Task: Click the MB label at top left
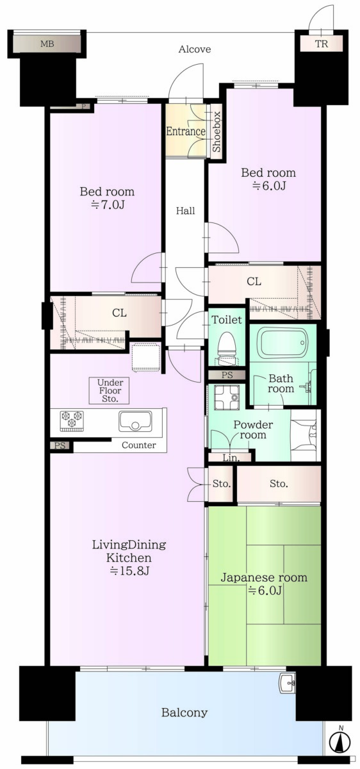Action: pos(47,44)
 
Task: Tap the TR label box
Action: pos(322,44)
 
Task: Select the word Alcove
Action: pos(195,49)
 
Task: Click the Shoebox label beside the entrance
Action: pos(217,132)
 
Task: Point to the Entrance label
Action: pos(186,131)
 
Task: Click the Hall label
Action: pos(185,210)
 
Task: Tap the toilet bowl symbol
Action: pos(227,347)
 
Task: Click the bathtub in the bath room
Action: pos(283,343)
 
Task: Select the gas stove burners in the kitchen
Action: pos(72,421)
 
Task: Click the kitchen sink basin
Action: pos(135,422)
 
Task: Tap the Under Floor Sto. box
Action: pos(110,391)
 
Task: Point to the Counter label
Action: pos(138,445)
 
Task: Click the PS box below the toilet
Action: pos(227,375)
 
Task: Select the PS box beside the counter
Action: pos(60,445)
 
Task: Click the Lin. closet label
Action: pos(231,458)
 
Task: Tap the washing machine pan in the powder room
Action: pos(227,397)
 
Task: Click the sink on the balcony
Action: pos(287,684)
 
